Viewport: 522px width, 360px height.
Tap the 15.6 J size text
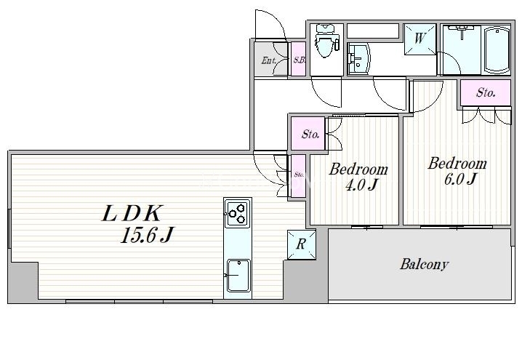[x=147, y=236]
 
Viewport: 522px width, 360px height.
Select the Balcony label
[x=424, y=264]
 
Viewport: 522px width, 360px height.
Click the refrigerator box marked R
[x=301, y=245]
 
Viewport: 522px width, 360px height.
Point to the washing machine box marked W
[x=421, y=37]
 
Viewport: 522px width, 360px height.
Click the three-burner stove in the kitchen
[x=237, y=212]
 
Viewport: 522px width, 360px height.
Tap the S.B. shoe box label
[x=299, y=60]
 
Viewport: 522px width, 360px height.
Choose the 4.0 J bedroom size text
[x=362, y=185]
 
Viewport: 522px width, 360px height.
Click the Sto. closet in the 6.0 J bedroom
[x=486, y=93]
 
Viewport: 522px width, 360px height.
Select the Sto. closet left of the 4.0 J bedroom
[x=311, y=135]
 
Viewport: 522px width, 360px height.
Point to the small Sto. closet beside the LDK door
[x=299, y=175]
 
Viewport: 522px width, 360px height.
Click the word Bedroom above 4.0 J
[x=358, y=169]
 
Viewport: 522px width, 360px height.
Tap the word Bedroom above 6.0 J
[x=457, y=163]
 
